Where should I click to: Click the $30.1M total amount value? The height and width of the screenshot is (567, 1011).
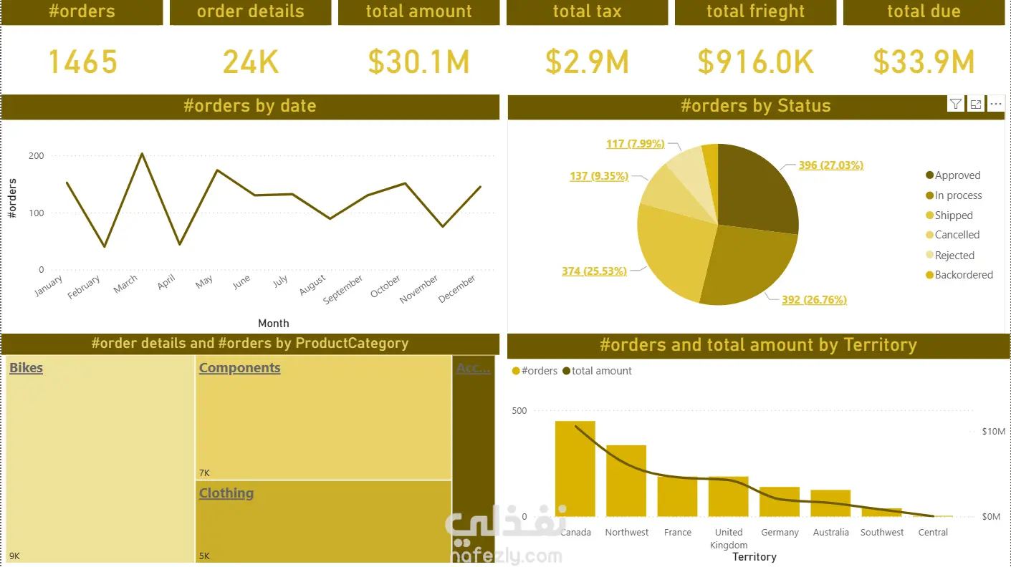(419, 62)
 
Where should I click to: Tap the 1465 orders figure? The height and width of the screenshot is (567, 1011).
(82, 62)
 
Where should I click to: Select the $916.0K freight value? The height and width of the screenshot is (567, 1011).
(755, 62)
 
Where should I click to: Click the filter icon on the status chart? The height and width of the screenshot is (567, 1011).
(956, 105)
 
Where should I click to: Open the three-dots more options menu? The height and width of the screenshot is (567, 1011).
(996, 105)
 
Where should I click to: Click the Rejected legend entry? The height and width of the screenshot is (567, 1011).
(950, 256)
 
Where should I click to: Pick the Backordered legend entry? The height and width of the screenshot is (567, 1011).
(959, 275)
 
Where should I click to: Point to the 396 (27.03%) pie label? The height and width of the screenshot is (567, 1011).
(831, 165)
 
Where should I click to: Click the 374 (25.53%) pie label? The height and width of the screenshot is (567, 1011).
(594, 271)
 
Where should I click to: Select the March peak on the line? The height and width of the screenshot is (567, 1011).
(142, 154)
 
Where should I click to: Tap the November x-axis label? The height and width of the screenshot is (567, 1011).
(419, 289)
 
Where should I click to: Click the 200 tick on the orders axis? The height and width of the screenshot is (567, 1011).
(36, 156)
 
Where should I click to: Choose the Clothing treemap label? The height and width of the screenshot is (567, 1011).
(226, 493)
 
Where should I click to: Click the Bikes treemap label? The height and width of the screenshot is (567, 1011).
(27, 368)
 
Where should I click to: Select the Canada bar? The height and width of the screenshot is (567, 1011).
(575, 469)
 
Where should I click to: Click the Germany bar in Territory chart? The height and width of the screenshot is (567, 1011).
(780, 502)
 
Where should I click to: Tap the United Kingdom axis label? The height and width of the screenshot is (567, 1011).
(729, 538)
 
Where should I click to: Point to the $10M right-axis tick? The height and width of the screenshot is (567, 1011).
(993, 432)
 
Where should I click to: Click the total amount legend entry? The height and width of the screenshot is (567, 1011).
(597, 371)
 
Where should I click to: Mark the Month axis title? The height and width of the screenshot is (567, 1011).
(274, 324)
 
